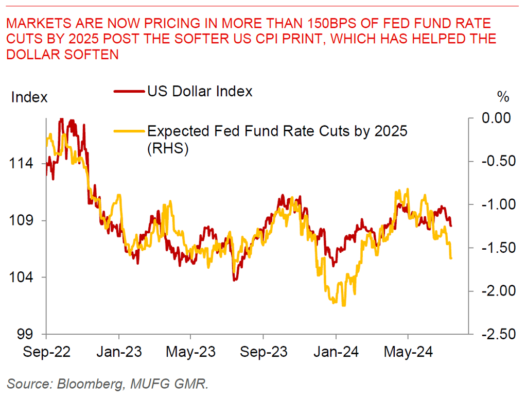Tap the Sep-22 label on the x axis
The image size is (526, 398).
(46, 355)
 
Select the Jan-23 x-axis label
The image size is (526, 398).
(119, 355)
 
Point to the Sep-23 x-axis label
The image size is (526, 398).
(263, 355)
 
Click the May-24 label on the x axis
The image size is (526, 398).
(408, 355)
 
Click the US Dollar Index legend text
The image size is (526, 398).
(200, 92)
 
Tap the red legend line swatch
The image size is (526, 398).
(129, 92)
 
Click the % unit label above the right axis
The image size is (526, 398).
(503, 96)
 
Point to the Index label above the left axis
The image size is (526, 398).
(29, 97)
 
